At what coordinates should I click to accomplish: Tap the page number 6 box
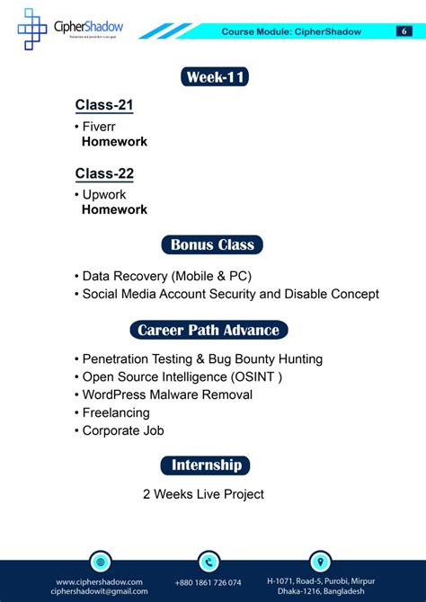coord(404,31)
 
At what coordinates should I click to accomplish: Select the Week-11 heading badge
coord(215,77)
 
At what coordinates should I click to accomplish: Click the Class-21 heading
coord(104,105)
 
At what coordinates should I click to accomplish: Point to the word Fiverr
coord(99,127)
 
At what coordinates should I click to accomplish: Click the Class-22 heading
coord(104,173)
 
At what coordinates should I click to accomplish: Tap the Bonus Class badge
coord(212,244)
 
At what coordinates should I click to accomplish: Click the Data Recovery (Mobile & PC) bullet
coord(166,276)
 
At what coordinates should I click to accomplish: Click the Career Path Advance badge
coord(209,330)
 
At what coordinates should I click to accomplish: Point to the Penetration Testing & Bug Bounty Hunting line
coord(202,359)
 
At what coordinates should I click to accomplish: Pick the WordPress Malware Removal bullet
coord(167,394)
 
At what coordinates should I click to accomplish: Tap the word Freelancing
coord(116,412)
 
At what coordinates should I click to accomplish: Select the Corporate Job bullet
coord(122,430)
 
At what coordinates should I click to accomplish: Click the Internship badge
coord(206,465)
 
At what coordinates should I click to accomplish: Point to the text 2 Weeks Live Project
coord(203,493)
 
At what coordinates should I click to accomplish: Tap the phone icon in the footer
coord(209,562)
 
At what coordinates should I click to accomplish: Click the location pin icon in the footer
coord(320,562)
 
